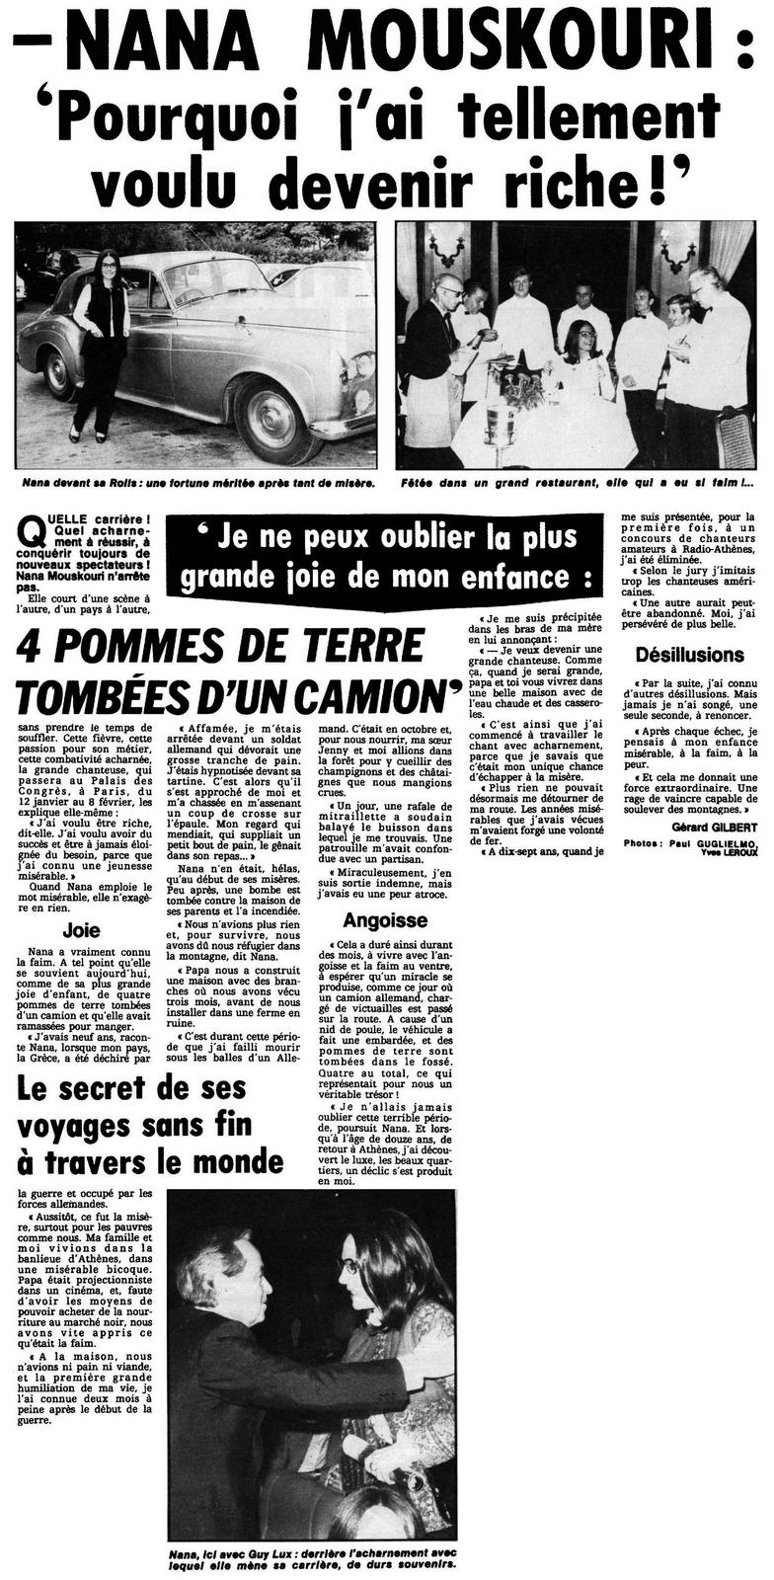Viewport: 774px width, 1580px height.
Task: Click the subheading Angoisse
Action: [386, 920]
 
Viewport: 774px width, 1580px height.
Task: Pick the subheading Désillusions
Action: [689, 655]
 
